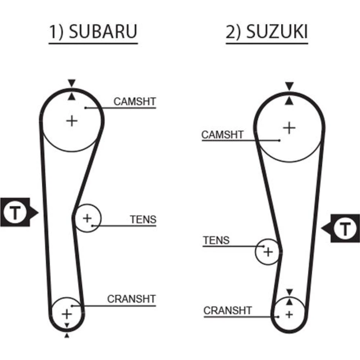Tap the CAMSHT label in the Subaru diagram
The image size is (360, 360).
point(135,102)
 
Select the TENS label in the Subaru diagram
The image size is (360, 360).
point(143,219)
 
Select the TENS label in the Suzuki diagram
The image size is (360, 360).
point(216,240)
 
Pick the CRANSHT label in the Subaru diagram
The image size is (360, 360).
point(131,299)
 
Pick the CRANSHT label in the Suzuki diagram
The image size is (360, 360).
point(228,310)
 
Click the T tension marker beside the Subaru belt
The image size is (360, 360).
point(16,212)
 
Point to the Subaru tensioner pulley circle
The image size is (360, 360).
point(87,218)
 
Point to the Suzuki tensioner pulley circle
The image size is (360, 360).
point(268,252)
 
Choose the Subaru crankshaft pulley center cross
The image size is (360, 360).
point(67,314)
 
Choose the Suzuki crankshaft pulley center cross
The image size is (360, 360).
point(289,314)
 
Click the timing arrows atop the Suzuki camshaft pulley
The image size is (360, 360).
point(289,93)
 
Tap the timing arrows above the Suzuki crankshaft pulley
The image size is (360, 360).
point(289,296)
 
